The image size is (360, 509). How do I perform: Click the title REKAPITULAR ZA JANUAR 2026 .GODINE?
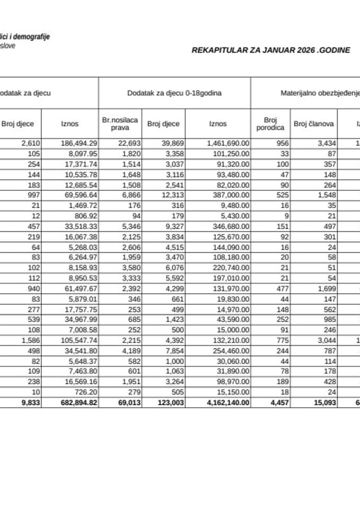coord(270,50)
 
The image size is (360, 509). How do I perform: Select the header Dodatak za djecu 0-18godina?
coord(174,93)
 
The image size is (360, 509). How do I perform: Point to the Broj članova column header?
coord(313,124)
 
